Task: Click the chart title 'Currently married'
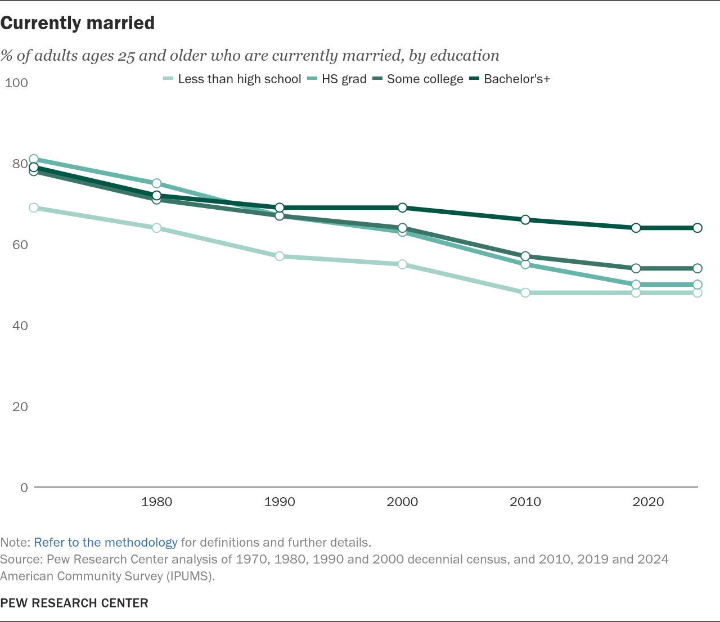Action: pos(77,23)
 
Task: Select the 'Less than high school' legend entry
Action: pos(232,79)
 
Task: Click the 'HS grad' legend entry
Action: pos(337,79)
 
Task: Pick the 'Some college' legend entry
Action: pos(418,79)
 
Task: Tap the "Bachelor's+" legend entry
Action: pos(510,79)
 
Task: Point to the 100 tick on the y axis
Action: pos(16,83)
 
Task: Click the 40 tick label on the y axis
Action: pos(20,326)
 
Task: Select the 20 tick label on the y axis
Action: pos(20,407)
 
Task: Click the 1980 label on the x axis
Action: pos(156,502)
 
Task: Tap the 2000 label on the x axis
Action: pos(402,502)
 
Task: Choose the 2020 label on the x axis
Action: pos(648,502)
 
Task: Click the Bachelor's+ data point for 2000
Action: pos(402,208)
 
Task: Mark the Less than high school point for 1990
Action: pos(280,256)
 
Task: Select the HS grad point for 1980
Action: pos(156,183)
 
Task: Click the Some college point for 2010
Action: pos(525,256)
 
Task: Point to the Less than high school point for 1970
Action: pos(33,208)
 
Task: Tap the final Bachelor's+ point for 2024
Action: pos(697,228)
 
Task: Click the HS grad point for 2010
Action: pos(525,265)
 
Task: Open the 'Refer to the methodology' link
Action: pos(106,543)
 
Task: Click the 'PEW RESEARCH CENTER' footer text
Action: pos(74,603)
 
